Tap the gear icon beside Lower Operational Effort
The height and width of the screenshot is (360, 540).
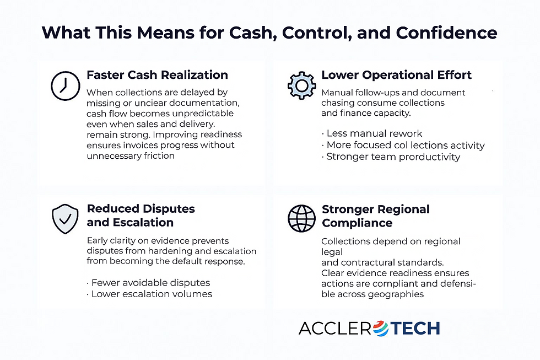pos(301,85)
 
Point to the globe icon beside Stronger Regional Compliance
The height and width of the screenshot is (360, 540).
pos(301,219)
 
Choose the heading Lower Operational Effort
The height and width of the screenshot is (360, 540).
pos(397,75)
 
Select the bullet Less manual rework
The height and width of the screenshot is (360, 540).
pos(372,133)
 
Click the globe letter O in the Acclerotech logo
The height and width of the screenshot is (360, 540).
pos(381,329)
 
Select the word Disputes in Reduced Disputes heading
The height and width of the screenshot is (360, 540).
pos(169,209)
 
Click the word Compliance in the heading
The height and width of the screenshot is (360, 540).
pos(357,223)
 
